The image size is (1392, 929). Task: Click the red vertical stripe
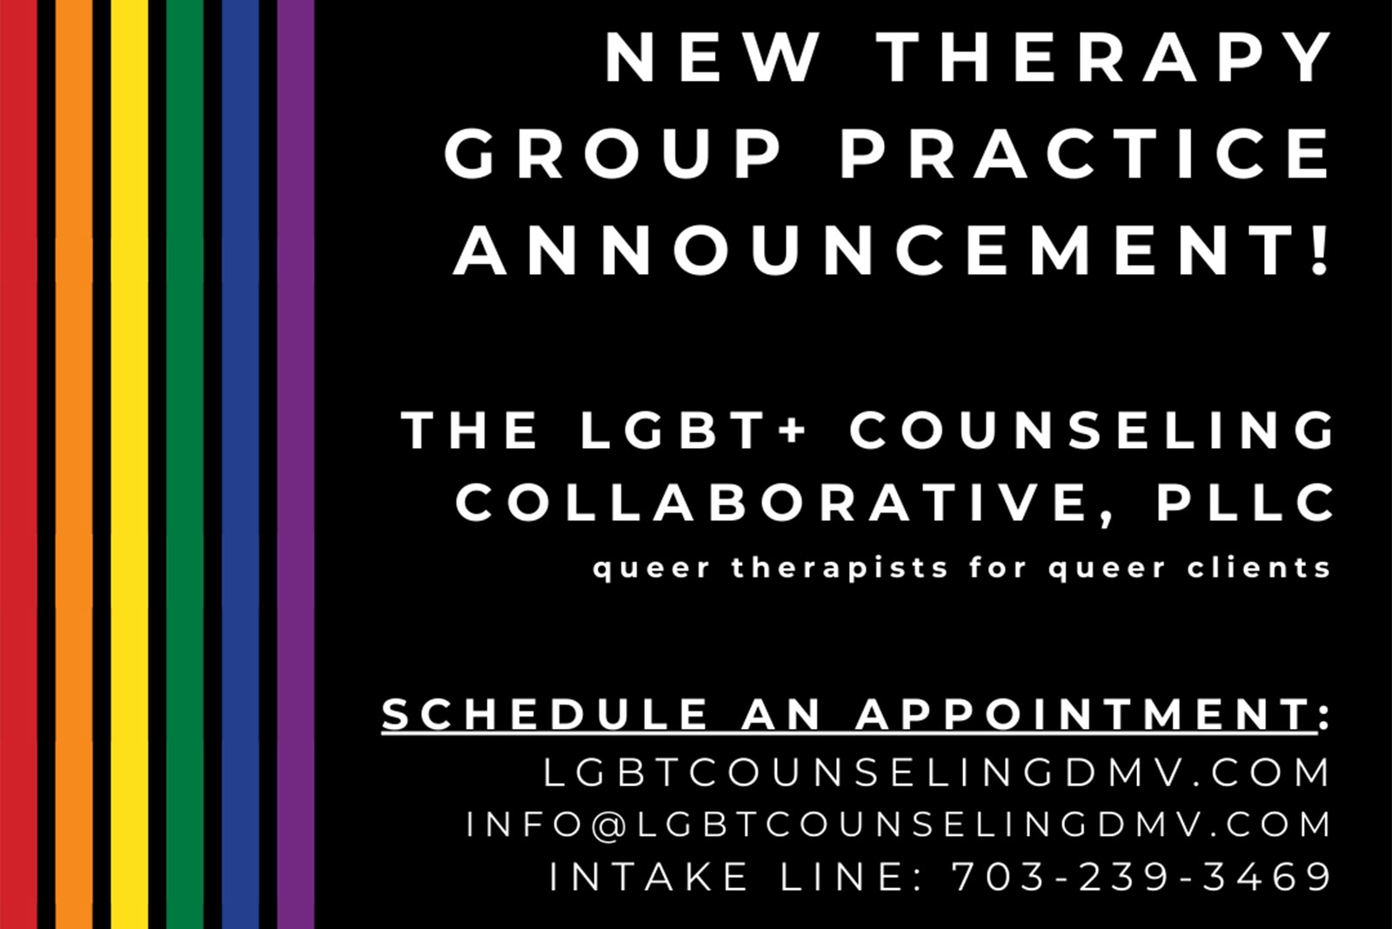(x=18, y=464)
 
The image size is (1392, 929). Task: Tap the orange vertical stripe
(x=74, y=464)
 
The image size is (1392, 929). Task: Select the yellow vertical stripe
(x=130, y=464)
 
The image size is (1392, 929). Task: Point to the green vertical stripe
(x=184, y=464)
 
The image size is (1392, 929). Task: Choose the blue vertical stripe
(x=240, y=464)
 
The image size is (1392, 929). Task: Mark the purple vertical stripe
(x=296, y=464)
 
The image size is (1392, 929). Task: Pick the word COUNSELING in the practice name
(x=1091, y=430)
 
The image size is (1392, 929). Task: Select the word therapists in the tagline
(x=840, y=568)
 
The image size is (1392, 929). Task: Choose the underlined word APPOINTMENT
(x=1085, y=714)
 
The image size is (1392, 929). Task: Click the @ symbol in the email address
(x=610, y=825)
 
